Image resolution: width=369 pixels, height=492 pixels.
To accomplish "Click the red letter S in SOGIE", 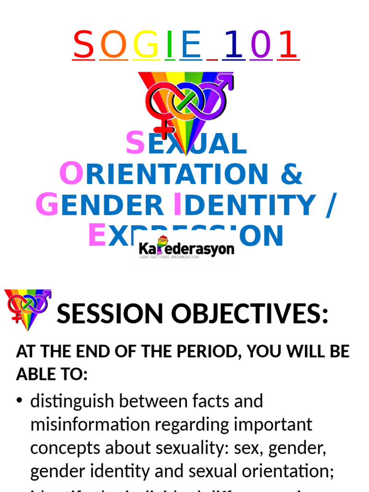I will point(83,45).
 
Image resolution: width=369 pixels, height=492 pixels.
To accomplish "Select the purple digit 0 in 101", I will point(261,45).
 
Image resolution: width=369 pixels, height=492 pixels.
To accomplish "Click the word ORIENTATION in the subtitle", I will point(164,174).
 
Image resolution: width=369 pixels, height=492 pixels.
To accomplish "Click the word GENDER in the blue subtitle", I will point(99,205).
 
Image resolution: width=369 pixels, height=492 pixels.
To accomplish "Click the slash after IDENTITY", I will point(329,205).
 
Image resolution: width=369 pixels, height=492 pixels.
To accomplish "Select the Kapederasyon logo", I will point(186,249).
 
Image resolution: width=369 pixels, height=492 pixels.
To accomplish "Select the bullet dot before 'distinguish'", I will point(20,402).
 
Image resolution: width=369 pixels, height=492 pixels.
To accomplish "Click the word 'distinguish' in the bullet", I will point(74,401).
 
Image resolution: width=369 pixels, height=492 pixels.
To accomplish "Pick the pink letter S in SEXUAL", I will point(135,144).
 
